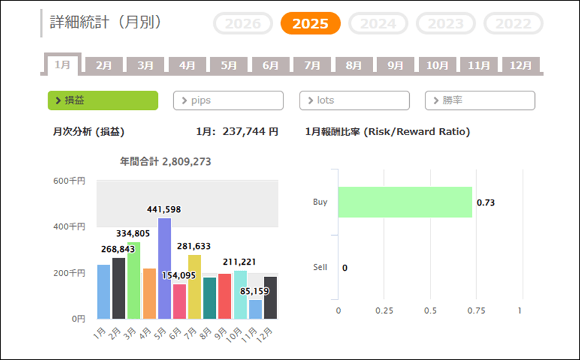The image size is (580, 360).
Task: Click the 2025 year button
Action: [311, 24]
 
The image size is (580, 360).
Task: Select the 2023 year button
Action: [445, 24]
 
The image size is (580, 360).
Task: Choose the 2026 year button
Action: [243, 24]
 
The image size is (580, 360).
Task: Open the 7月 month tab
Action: [312, 65]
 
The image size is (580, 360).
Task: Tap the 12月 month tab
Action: [521, 65]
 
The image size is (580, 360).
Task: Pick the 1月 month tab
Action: [63, 64]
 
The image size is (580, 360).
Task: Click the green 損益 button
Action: [102, 100]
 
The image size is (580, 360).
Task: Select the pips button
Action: [228, 100]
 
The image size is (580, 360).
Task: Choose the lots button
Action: [354, 100]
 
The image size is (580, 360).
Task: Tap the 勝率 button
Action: [480, 100]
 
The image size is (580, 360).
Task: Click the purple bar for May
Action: [164, 268]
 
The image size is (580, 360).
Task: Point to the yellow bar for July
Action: [195, 286]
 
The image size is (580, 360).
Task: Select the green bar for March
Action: [133, 280]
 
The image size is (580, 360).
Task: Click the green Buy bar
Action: [405, 202]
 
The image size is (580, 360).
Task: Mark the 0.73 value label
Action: [485, 203]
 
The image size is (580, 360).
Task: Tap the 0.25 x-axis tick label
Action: [384, 310]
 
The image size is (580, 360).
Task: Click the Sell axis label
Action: [320, 267]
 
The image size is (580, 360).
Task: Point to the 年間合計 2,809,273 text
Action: [166, 161]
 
